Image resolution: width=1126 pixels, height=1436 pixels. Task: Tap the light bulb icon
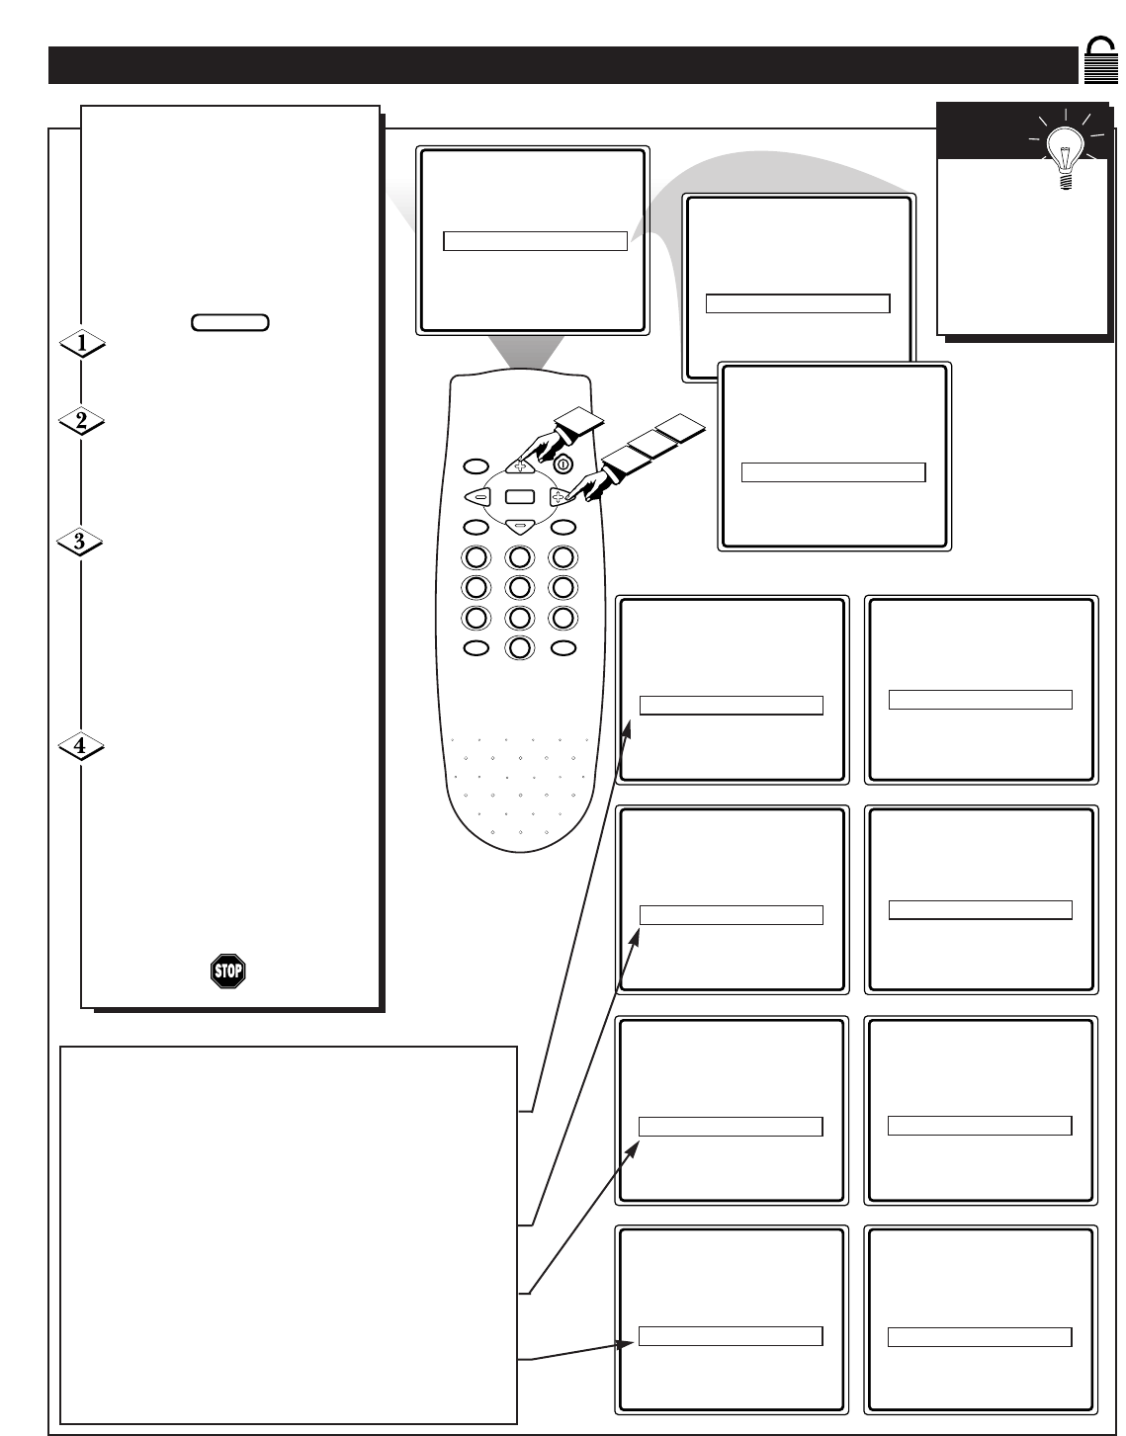coord(1066,151)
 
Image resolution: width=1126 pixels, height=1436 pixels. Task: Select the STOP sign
coord(227,971)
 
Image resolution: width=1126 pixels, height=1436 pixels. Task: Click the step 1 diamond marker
coord(82,343)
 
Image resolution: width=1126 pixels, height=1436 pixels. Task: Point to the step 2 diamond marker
coord(82,420)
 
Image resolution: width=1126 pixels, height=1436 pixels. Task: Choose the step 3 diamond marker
coord(82,542)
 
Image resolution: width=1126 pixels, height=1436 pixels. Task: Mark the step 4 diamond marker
coord(82,747)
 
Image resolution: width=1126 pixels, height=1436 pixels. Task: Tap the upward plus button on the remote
coord(519,465)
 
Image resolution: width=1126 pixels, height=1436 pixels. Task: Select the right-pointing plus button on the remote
coord(560,498)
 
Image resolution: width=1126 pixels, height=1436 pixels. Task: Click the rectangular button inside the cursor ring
coord(519,498)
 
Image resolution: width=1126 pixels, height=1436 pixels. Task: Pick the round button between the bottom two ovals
coord(519,648)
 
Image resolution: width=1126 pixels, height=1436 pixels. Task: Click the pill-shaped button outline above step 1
coord(229,322)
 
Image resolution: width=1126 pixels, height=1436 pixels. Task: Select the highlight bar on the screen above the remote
coord(535,241)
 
